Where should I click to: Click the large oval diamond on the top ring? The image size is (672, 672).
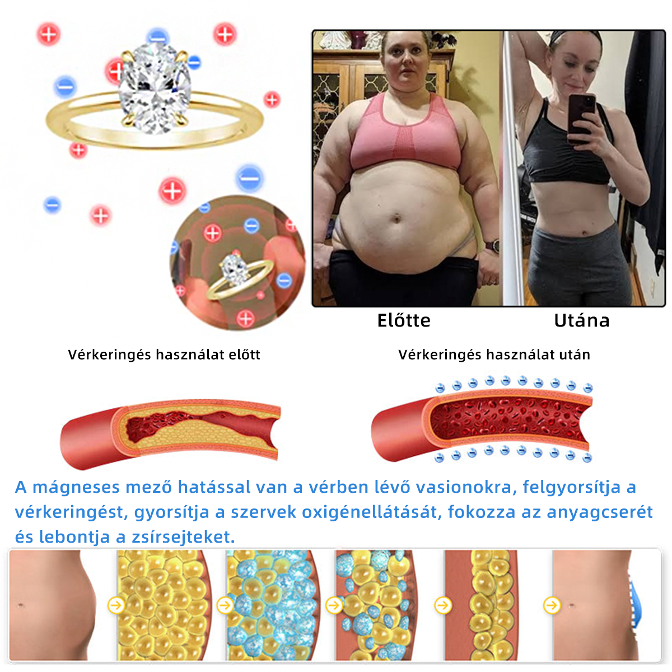click(155, 88)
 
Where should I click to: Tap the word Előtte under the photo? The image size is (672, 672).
click(404, 320)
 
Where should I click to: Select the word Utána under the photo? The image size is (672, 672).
click(582, 320)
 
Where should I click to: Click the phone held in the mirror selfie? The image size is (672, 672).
click(581, 118)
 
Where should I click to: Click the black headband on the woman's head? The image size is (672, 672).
click(575, 38)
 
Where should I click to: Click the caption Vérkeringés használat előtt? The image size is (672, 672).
click(164, 354)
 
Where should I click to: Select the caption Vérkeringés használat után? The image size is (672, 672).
click(494, 354)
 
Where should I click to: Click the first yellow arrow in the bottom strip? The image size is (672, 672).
click(116, 605)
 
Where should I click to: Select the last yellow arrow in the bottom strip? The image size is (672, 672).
click(552, 605)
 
